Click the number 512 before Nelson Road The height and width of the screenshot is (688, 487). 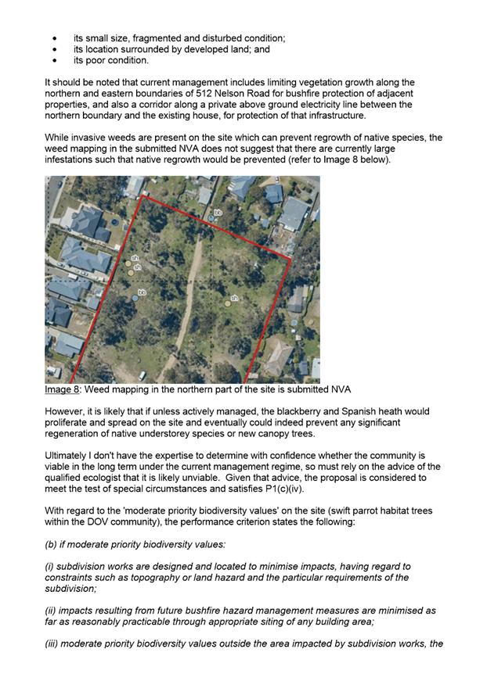point(210,93)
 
